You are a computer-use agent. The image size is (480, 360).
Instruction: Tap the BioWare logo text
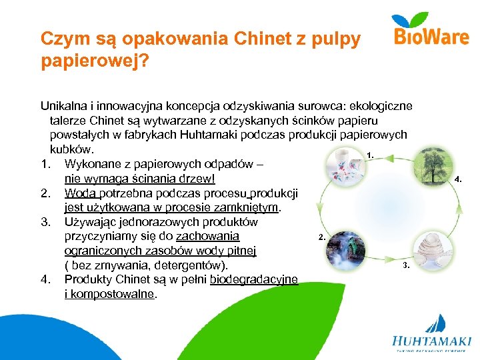point(432,36)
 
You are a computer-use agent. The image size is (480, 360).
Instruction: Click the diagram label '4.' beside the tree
point(457,179)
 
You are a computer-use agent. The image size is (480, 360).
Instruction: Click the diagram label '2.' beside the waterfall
point(322,237)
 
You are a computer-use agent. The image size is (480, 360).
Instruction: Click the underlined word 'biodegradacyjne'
point(253,279)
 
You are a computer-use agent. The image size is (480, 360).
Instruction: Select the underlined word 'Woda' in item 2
point(79,193)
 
